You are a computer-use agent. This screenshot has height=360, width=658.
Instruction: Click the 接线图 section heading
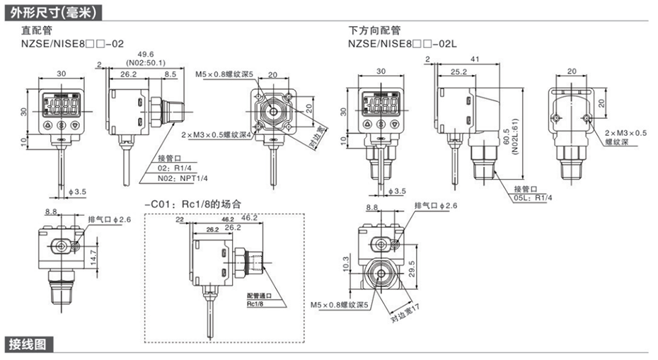click(x=28, y=344)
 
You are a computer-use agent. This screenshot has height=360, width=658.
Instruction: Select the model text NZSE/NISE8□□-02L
click(x=403, y=43)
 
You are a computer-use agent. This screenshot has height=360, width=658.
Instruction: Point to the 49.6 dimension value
click(x=146, y=54)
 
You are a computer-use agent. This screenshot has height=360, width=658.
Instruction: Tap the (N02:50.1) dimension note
click(x=146, y=62)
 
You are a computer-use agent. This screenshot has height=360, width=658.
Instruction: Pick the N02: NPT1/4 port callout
click(x=179, y=178)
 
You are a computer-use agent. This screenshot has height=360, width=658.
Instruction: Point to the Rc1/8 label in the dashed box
click(x=255, y=304)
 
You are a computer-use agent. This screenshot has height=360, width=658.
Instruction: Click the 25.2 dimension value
click(x=458, y=72)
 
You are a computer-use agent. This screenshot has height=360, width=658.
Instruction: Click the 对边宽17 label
click(x=406, y=310)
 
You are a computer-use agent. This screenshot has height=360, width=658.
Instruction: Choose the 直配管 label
click(x=36, y=31)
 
